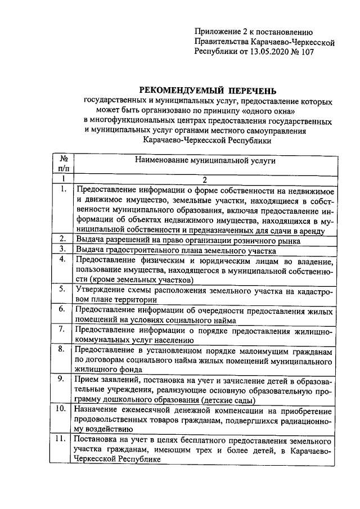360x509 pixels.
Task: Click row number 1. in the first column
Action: (x=64, y=190)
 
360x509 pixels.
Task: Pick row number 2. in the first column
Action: (x=64, y=239)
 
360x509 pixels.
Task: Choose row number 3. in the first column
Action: (x=64, y=249)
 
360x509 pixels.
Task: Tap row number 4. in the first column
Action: (x=64, y=259)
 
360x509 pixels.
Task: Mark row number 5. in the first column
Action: (x=64, y=289)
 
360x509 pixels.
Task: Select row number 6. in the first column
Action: (x=64, y=309)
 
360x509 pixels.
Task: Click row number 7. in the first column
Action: (x=64, y=328)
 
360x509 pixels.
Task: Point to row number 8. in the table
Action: (x=64, y=349)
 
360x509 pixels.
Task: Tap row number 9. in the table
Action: (x=64, y=379)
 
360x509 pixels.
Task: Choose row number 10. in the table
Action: (x=63, y=408)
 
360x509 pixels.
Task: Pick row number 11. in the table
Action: (x=63, y=438)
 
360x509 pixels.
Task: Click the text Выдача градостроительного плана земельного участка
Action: (x=175, y=250)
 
